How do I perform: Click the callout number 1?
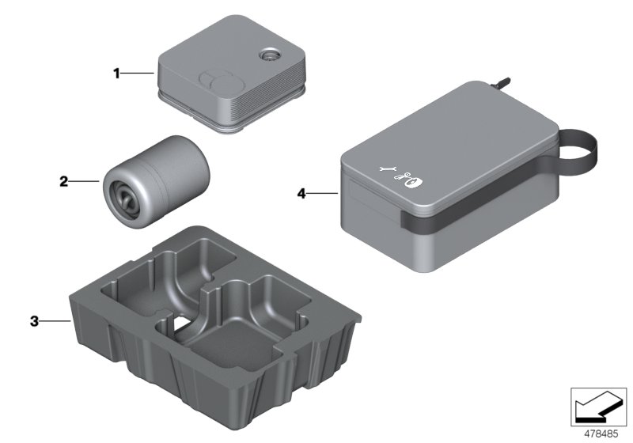click(116, 74)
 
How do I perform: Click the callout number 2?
click(63, 182)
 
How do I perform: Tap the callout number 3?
click(34, 321)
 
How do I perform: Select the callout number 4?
click(301, 194)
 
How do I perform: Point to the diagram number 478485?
click(601, 434)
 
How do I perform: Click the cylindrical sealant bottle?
click(156, 182)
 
